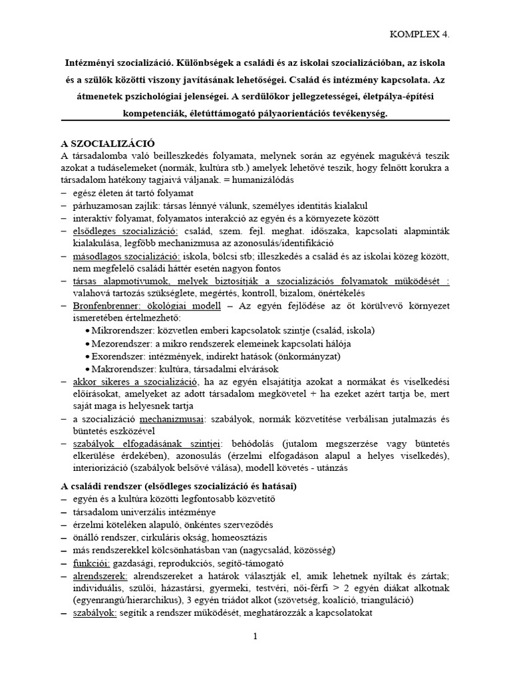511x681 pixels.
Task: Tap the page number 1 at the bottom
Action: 255,636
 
